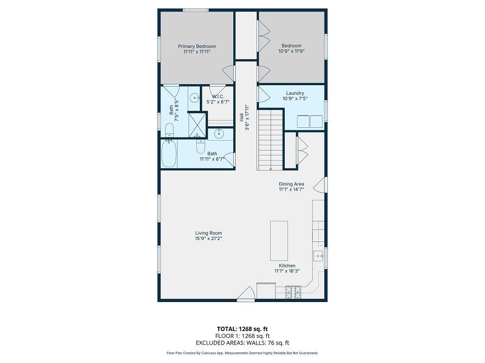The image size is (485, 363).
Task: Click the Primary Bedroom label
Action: pos(197,46)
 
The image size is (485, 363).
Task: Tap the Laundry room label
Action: pos(295,93)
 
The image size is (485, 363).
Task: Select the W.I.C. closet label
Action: pos(218,97)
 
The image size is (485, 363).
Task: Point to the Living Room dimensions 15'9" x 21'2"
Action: pos(209,239)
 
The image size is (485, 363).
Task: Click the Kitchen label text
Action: pos(287,266)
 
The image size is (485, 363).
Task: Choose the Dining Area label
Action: pos(291,184)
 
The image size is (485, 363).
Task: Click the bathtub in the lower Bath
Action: pos(169,153)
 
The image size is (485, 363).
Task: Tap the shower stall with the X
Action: pos(197,125)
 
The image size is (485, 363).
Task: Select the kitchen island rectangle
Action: pos(279,241)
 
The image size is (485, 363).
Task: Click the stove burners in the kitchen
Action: pos(293,292)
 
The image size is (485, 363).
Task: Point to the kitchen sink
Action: pos(319,256)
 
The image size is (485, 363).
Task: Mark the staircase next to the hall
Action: pos(270,140)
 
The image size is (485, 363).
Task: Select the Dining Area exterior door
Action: pos(320,184)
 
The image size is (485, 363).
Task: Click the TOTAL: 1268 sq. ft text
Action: pos(242,329)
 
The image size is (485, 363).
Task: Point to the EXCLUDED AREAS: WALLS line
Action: pos(242,343)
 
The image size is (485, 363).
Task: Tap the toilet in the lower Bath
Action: pos(201,147)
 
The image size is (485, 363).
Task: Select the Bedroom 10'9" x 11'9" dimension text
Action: pos(291,51)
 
